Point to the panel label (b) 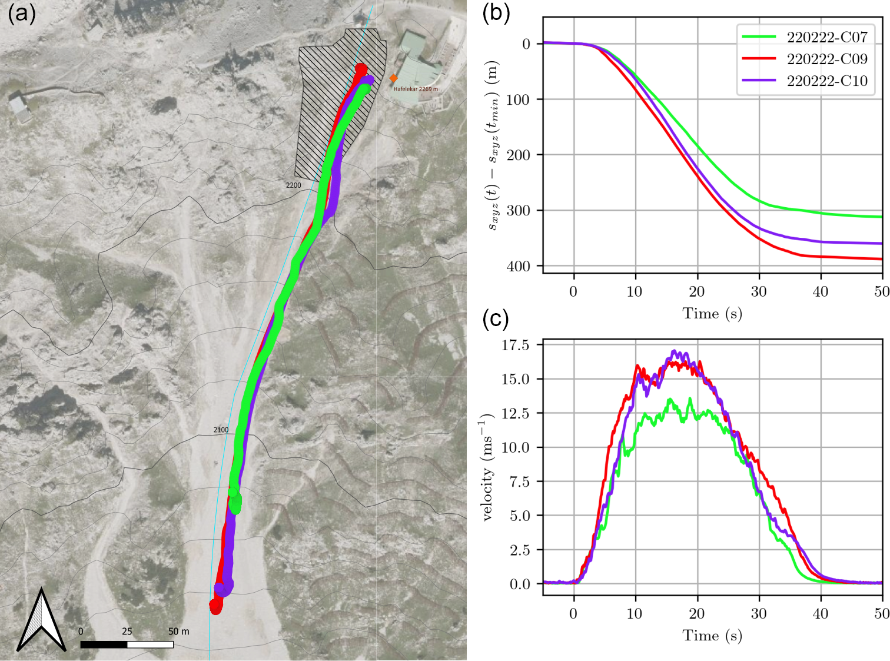[x=496, y=13]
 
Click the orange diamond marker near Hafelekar [x=393, y=78]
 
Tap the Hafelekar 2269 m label [x=416, y=89]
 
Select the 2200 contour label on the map [x=293, y=185]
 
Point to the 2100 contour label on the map [x=221, y=430]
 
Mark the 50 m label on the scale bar [x=178, y=632]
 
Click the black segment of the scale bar [x=104, y=645]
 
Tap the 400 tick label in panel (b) [x=519, y=266]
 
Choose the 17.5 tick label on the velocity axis [x=515, y=345]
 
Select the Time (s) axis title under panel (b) [x=712, y=314]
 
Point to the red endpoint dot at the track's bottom [x=216, y=606]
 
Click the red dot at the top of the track [x=361, y=69]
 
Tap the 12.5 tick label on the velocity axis [x=515, y=413]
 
